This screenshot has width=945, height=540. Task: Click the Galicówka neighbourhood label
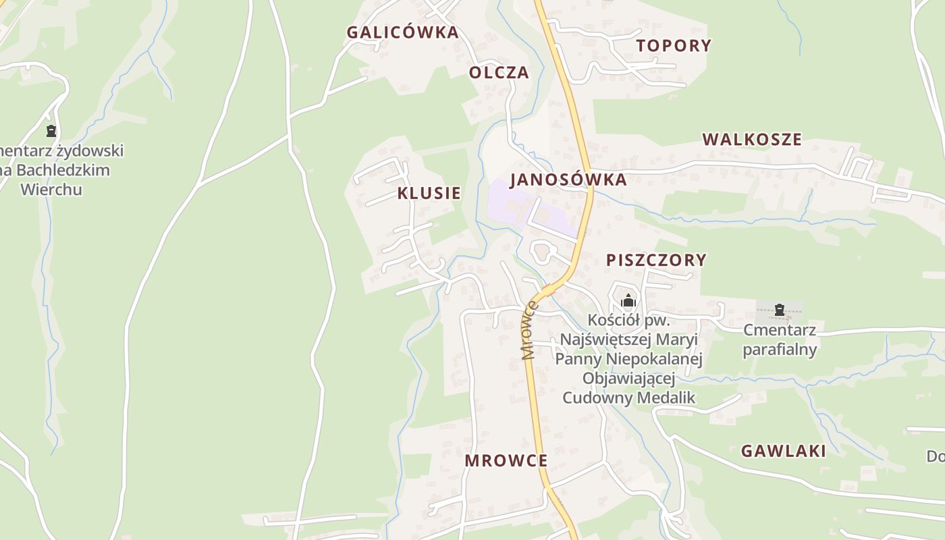coord(402,32)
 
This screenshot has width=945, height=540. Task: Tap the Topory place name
coord(674,45)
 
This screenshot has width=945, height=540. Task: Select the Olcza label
coord(499,72)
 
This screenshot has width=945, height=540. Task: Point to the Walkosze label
coord(752,140)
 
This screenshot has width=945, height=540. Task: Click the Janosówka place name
coord(568,180)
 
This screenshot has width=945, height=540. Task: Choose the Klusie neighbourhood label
coord(429,193)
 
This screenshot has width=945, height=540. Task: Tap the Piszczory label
coord(656,260)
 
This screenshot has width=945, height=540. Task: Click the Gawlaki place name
coord(783,451)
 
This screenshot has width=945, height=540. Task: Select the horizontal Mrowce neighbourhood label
coord(506,460)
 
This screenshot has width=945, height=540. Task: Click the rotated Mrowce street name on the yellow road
coord(530,331)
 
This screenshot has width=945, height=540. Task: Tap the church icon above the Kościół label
coord(628,300)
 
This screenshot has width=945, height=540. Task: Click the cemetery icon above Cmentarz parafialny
coord(780,310)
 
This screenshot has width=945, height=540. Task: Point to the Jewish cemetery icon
coord(51,131)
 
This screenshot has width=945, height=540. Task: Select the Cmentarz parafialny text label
coord(780,340)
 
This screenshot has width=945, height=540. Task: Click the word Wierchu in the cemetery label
coord(51,189)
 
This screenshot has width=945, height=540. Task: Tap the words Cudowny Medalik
coord(628,398)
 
